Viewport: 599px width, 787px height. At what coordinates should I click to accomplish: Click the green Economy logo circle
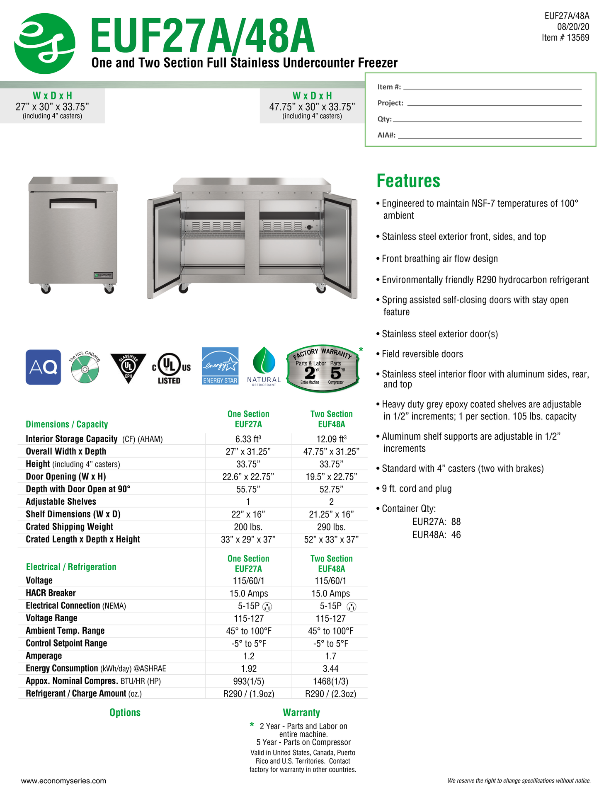click(45, 44)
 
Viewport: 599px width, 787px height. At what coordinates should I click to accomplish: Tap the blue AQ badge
click(43, 367)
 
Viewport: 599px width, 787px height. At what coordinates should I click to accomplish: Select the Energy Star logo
click(220, 366)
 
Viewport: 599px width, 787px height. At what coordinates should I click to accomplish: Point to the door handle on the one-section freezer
click(73, 203)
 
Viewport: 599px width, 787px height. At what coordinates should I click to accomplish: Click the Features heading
click(408, 181)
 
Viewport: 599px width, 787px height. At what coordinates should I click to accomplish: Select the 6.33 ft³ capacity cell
click(248, 439)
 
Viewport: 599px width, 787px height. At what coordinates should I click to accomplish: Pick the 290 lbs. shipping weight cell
click(331, 527)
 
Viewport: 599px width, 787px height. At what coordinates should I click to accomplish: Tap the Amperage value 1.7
click(331, 656)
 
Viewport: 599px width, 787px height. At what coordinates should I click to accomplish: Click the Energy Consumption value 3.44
click(331, 669)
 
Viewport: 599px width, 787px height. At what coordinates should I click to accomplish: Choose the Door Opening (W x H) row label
click(66, 477)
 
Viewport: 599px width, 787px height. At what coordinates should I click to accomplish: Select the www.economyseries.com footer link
click(63, 781)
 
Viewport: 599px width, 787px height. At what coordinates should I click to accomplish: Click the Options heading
click(125, 713)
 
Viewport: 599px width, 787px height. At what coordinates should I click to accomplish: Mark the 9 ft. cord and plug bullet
click(416, 489)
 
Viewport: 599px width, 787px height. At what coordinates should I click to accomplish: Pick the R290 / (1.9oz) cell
click(248, 694)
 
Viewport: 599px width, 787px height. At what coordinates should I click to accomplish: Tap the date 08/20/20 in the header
click(573, 27)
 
